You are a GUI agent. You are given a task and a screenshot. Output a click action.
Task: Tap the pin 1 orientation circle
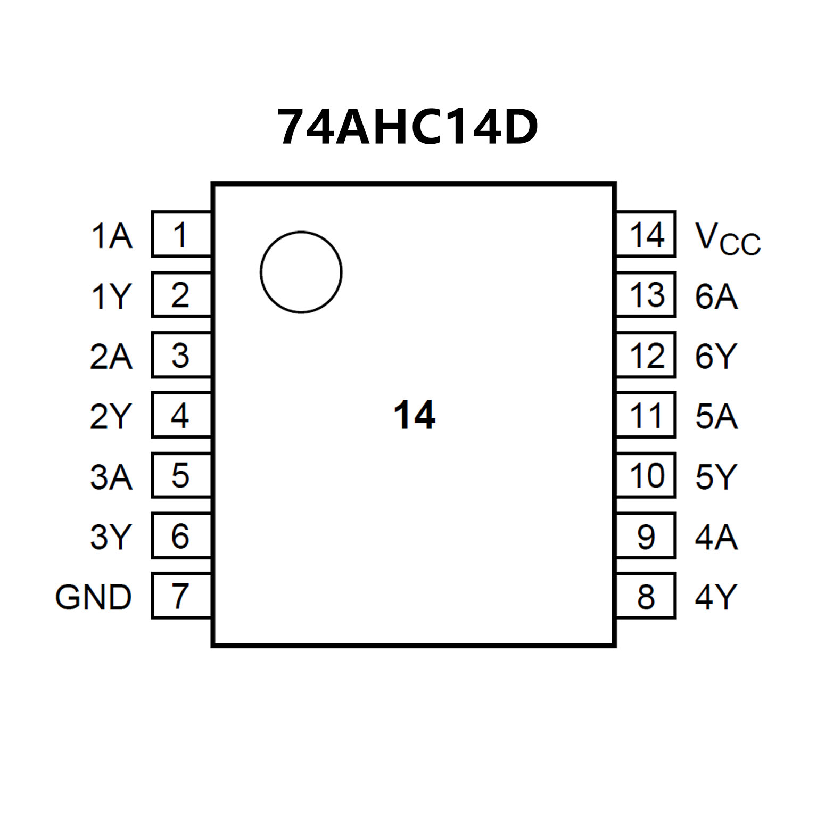[301, 272]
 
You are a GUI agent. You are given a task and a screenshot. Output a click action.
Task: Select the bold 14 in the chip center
[414, 415]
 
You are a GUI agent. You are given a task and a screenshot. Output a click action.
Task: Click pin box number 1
[181, 234]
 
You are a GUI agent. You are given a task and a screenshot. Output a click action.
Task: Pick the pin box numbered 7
[181, 596]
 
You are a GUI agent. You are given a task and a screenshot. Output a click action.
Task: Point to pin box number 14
[646, 234]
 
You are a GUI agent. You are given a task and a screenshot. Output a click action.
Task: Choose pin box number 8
[646, 596]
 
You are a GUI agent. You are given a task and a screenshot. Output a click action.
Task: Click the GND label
[94, 597]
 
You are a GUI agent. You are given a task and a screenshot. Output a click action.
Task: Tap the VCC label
[728, 238]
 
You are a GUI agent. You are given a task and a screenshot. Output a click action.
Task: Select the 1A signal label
[112, 236]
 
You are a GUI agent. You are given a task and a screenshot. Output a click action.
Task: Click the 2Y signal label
[111, 416]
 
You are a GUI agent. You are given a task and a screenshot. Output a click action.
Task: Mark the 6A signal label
[716, 296]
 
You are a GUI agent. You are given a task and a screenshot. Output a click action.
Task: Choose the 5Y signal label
[716, 476]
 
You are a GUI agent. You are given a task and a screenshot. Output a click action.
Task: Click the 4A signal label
[716, 537]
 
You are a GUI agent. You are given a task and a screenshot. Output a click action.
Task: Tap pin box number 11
[646, 415]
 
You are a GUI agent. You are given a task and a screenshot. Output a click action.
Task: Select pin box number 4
[181, 415]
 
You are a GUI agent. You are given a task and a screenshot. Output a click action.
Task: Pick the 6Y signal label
[716, 356]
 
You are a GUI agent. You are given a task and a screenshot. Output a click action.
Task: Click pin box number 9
[646, 536]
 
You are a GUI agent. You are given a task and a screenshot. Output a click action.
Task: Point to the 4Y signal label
[716, 597]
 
